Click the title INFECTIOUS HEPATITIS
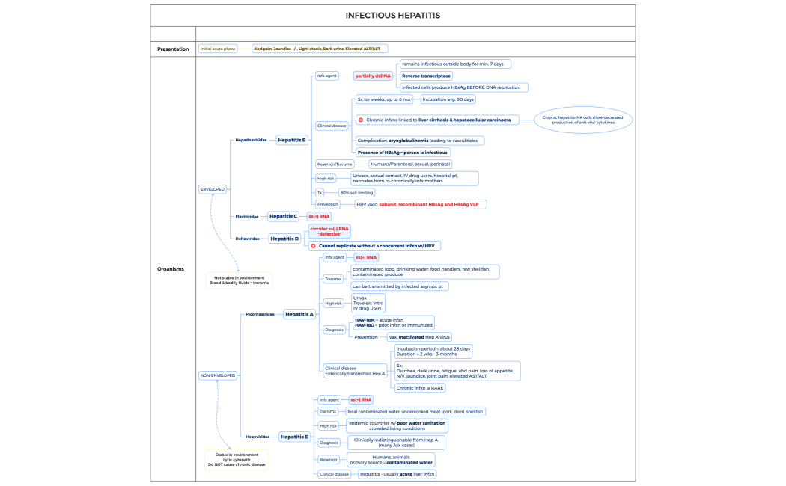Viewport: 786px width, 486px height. [x=392, y=15]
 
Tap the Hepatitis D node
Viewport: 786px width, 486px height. [x=284, y=239]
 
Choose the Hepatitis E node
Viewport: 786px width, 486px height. [x=293, y=437]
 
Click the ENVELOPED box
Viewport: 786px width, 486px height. [x=212, y=189]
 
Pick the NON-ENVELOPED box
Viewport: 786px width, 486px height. [x=217, y=375]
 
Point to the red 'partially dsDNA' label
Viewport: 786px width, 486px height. [x=373, y=76]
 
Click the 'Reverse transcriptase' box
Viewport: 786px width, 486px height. [x=426, y=76]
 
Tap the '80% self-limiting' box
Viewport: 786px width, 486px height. [x=356, y=192]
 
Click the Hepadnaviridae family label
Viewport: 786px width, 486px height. [x=251, y=140]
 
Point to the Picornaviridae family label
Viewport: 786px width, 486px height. [x=260, y=315]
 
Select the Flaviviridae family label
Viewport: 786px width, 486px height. [x=247, y=216]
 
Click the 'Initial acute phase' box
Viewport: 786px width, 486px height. [x=218, y=49]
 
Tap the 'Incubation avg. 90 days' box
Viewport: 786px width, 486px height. [x=448, y=99]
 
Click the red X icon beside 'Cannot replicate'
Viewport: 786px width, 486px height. [x=314, y=245]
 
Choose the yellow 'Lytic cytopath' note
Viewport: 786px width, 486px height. [x=237, y=459]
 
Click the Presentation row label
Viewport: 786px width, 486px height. [x=173, y=49]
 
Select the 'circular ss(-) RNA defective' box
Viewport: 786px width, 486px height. [x=329, y=231]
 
